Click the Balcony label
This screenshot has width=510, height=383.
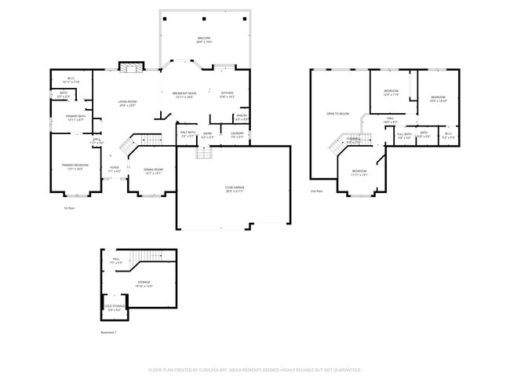pos(204,40)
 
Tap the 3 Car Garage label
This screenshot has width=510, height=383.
pos(233,189)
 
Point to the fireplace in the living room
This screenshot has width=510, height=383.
pos(129,68)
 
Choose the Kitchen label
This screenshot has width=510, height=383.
pos(227,94)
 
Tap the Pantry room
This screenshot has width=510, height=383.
pos(241,118)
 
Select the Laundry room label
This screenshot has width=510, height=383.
pos(238,135)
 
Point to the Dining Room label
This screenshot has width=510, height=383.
pos(153,171)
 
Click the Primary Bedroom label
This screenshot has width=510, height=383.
pos(75,166)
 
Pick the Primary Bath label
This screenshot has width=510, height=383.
pos(75,119)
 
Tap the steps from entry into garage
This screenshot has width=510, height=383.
pos(204,151)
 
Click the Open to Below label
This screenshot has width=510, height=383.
pos(337,115)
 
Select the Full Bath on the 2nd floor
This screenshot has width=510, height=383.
pos(404,135)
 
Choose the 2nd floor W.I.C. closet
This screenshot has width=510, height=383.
pos(448,135)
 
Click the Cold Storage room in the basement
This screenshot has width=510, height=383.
pos(115,308)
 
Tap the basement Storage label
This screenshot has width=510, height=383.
pos(144,284)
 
